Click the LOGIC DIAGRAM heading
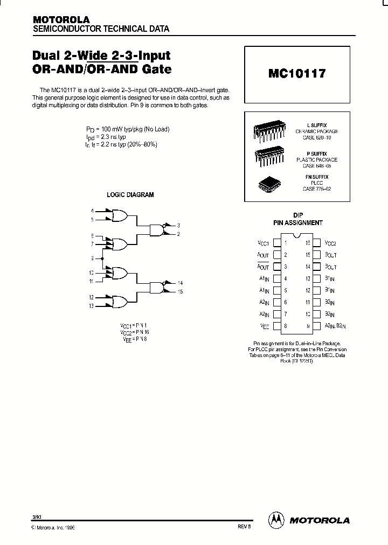point(130,194)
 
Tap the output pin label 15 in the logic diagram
point(180,291)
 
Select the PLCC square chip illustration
point(268,183)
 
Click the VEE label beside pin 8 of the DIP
point(265,326)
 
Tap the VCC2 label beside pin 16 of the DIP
point(331,243)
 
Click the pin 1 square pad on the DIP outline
point(276,243)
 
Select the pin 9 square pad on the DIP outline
point(317,326)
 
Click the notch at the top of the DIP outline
point(297,235)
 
